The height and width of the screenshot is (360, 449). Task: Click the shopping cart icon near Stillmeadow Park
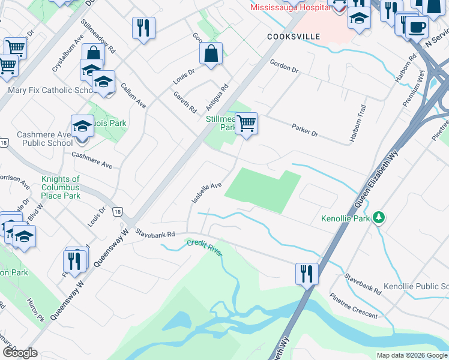pyautogui.click(x=246, y=124)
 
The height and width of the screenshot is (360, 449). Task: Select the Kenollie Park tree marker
pyautogui.click(x=379, y=217)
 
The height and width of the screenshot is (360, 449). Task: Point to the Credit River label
pyautogui.click(x=204, y=246)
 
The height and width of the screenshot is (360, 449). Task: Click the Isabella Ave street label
pyautogui.click(x=206, y=193)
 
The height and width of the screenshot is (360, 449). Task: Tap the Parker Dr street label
pyautogui.click(x=305, y=129)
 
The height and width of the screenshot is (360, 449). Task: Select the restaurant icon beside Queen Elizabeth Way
pyautogui.click(x=307, y=274)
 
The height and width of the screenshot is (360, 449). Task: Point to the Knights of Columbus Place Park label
pyautogui.click(x=61, y=187)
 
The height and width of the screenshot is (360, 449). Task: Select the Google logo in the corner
pyautogui.click(x=20, y=352)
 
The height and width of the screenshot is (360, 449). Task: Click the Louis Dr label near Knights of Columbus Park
pyautogui.click(x=95, y=217)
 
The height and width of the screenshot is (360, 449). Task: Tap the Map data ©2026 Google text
pyautogui.click(x=411, y=355)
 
